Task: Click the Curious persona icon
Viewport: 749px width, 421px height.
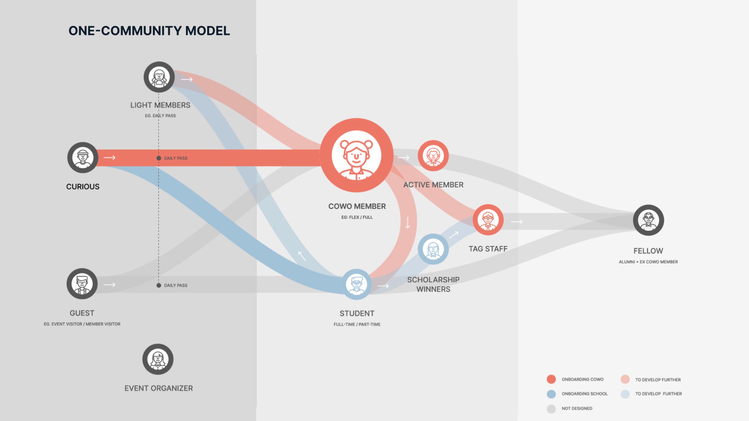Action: click(x=83, y=157)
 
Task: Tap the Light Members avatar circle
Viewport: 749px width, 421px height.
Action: click(x=159, y=77)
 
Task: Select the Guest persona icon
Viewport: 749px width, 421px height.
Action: click(x=82, y=284)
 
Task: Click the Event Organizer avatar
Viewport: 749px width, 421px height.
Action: click(x=158, y=359)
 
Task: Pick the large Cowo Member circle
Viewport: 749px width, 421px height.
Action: click(x=357, y=155)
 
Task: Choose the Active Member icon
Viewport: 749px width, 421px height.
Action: click(x=433, y=155)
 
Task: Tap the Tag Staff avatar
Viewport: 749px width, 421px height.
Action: click(x=488, y=220)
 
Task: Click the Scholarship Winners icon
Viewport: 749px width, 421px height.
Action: click(x=433, y=249)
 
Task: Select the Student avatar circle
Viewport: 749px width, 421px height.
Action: click(x=357, y=284)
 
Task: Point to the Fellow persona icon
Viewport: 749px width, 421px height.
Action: click(x=648, y=220)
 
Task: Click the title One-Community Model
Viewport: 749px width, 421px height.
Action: click(x=149, y=31)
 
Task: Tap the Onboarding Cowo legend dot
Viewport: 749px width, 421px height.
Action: click(x=551, y=379)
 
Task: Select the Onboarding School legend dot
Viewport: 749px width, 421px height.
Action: click(x=551, y=394)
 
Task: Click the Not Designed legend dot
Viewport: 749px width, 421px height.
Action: click(x=551, y=408)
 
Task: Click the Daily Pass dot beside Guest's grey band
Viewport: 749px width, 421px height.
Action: click(x=159, y=285)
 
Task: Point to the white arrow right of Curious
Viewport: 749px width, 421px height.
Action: click(x=110, y=158)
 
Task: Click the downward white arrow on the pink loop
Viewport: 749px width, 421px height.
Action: click(x=408, y=223)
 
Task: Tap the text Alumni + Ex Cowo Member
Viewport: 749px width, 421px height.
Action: click(x=648, y=262)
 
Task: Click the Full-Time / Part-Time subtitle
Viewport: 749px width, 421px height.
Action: click(x=357, y=324)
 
